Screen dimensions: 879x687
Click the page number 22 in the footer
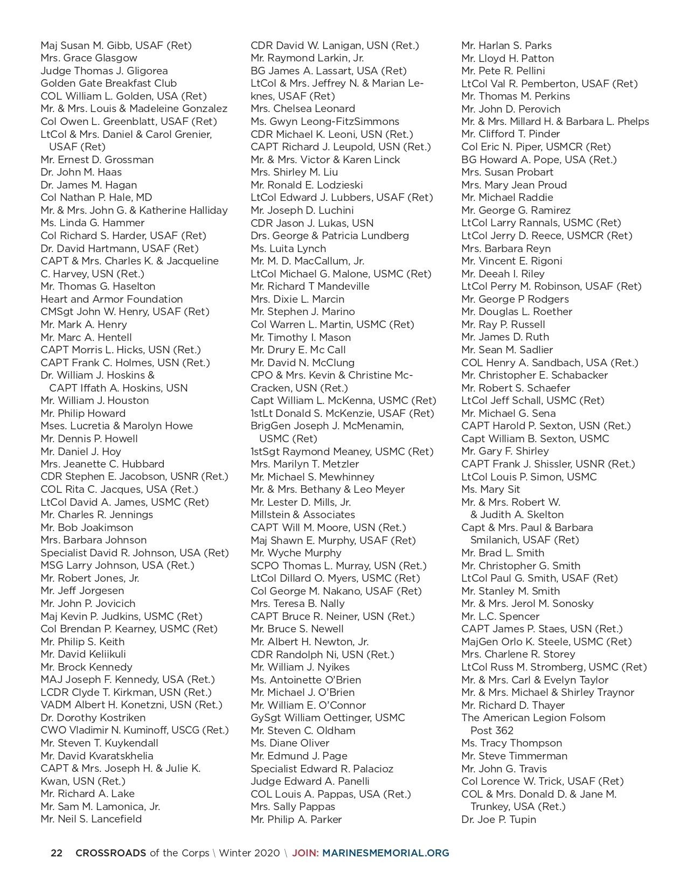(x=56, y=853)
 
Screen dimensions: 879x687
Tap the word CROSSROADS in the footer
(x=110, y=853)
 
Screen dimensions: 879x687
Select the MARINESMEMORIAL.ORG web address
(x=385, y=853)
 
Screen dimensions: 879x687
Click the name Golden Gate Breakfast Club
(x=108, y=83)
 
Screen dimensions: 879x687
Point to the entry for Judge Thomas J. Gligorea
(x=104, y=71)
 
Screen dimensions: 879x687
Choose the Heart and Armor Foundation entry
(x=112, y=299)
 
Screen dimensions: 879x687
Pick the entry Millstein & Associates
(x=303, y=514)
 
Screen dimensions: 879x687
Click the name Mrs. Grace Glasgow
(x=89, y=58)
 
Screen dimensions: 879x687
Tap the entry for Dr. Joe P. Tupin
(x=498, y=819)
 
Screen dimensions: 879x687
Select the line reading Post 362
(x=491, y=730)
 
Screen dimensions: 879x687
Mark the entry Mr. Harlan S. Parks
(x=506, y=45)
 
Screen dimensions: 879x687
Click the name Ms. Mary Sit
(x=490, y=489)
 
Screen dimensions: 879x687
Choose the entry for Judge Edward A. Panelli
(x=310, y=781)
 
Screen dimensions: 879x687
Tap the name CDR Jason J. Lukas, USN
(x=312, y=223)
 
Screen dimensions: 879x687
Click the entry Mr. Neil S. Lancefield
(x=91, y=819)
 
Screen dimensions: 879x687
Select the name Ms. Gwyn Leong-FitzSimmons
(x=325, y=121)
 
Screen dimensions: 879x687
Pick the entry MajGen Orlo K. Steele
(x=546, y=641)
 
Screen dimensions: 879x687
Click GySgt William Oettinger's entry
(x=328, y=717)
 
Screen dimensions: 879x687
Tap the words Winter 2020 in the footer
(x=249, y=853)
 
